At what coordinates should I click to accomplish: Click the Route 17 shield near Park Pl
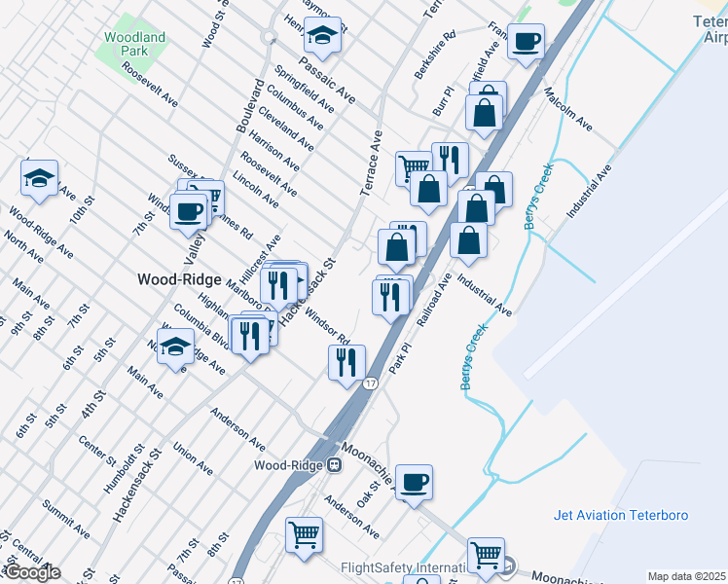371,383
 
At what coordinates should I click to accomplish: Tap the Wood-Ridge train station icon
334,464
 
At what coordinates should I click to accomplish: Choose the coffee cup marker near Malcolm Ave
526,43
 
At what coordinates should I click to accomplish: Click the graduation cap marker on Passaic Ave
323,37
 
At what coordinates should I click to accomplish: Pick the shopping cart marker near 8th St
304,533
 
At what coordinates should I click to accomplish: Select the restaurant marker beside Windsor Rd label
346,363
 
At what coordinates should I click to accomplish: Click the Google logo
31,572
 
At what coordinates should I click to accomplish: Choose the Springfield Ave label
299,87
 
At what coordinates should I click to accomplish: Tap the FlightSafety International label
405,568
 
